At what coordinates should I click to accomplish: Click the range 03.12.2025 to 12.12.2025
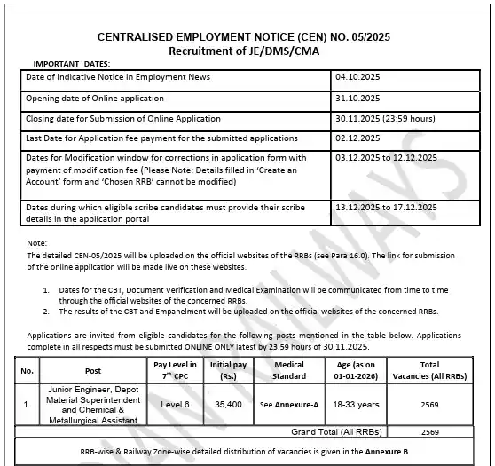tap(387, 157)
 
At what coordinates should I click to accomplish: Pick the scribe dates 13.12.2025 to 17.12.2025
tap(387, 207)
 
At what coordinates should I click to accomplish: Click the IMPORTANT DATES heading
tap(72, 65)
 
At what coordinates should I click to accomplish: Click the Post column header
tap(91, 370)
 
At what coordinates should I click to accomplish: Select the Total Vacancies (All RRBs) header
tap(430, 370)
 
